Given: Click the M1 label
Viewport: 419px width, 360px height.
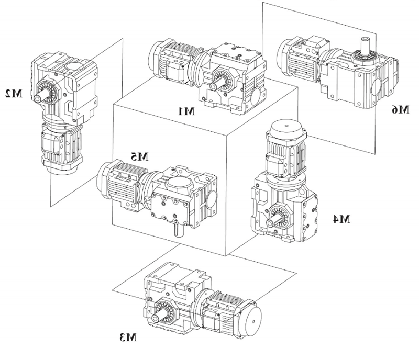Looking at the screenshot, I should pos(186,111).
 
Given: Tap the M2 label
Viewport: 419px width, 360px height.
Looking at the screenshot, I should pos(13,94).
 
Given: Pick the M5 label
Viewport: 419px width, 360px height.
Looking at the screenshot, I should pos(140,155).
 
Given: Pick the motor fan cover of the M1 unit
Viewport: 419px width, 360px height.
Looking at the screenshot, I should pos(157,59).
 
